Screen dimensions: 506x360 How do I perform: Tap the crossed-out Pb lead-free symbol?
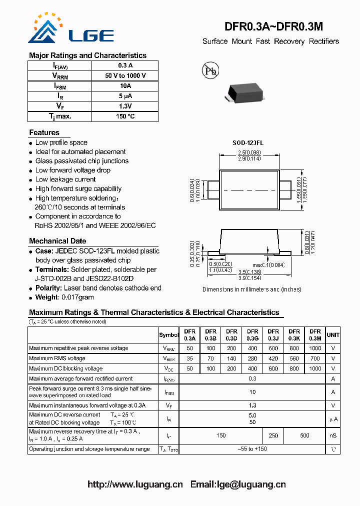point(210,70)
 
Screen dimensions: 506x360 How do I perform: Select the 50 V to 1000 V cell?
point(125,76)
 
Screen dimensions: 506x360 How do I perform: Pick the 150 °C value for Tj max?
point(125,116)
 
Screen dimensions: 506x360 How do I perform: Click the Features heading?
point(44,132)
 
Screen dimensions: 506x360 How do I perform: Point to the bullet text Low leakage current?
point(65,179)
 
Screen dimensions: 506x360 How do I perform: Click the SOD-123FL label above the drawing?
point(248,143)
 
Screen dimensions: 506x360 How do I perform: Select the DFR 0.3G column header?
point(252,334)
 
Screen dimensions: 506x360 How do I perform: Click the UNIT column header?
point(333,335)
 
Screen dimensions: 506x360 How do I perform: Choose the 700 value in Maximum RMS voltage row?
point(315,358)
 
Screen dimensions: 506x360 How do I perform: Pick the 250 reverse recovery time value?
point(273,435)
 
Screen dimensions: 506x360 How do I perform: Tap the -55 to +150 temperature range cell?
point(252,449)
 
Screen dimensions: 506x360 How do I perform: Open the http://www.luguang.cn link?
point(135,484)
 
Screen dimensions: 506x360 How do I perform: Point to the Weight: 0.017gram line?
point(64,297)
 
